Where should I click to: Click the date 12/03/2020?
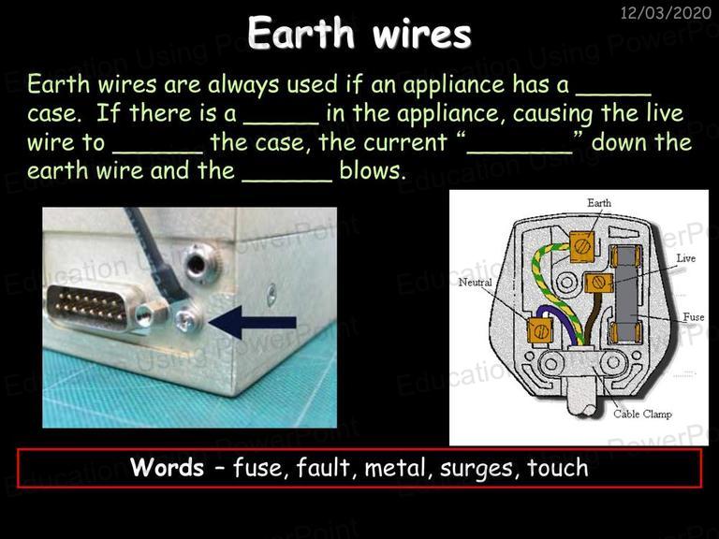tap(666, 12)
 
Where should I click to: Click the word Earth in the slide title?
tap(301, 33)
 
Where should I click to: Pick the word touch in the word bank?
tap(557, 468)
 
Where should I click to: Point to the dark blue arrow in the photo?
tap(253, 322)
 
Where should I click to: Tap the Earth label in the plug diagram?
tap(599, 202)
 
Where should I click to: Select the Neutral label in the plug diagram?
tap(475, 283)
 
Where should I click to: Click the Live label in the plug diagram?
tap(686, 258)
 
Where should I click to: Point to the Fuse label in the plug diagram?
tap(694, 316)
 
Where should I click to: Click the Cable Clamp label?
tap(643, 414)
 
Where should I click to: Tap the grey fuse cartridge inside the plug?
tap(625, 293)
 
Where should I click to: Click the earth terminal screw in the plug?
tap(582, 247)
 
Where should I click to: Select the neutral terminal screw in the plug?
tap(540, 330)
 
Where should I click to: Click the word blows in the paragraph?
tap(373, 170)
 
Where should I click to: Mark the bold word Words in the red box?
tap(168, 468)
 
